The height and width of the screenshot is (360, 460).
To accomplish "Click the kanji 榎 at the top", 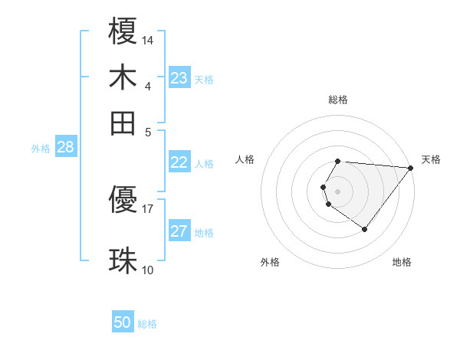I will [123, 33].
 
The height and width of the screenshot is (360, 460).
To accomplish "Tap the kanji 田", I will [123, 122].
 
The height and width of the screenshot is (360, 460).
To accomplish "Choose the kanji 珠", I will [123, 261].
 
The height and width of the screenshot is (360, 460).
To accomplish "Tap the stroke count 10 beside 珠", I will [148, 270].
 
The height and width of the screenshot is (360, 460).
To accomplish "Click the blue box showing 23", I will [179, 78].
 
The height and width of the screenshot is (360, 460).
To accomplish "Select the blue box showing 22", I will [179, 162].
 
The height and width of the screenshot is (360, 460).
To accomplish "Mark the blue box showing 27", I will [179, 232].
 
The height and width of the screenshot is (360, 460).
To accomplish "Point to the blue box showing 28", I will [65, 148].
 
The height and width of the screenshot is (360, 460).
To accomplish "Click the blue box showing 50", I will [123, 323].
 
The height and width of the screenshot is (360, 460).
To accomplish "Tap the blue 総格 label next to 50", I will [147, 324].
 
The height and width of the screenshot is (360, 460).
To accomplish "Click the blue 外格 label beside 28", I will [41, 149].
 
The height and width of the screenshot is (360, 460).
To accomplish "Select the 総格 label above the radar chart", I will [338, 100].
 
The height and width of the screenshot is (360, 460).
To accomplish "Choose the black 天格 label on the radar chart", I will [431, 159].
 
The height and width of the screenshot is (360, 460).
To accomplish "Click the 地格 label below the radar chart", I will [402, 262].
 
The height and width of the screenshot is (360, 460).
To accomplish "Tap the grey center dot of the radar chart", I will [338, 191].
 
